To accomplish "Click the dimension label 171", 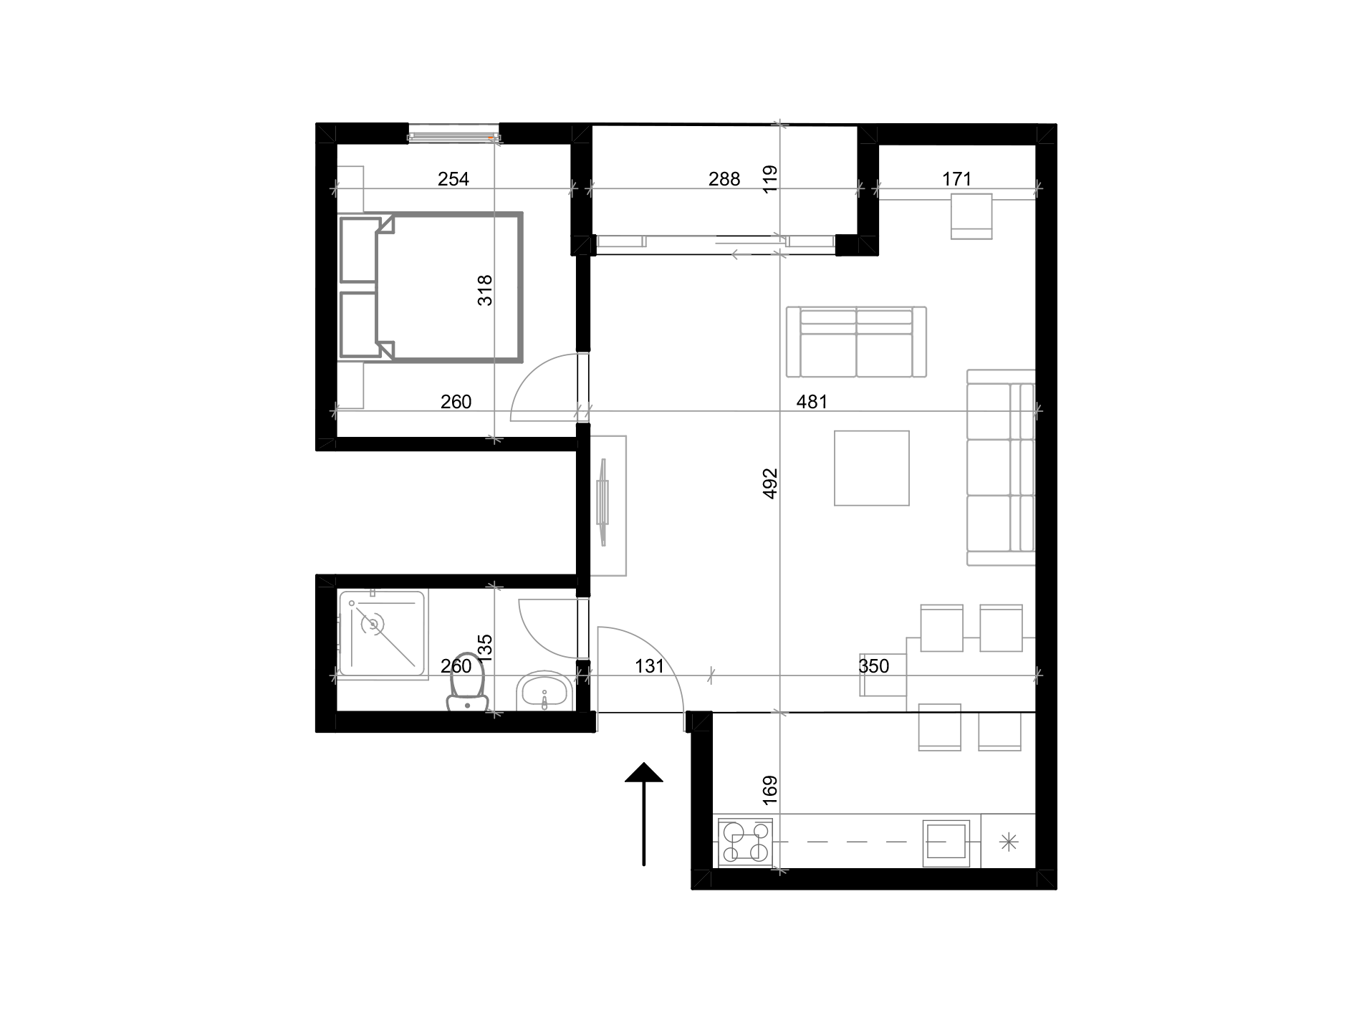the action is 956,179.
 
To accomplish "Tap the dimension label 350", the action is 874,667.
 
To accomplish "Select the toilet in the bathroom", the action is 466,684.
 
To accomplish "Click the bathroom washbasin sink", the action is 544,692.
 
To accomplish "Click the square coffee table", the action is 871,468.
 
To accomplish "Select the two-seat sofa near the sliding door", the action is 856,342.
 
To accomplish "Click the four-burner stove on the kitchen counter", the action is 745,842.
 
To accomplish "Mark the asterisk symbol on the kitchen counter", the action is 1008,842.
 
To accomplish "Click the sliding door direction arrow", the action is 741,254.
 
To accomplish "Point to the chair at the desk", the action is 971,216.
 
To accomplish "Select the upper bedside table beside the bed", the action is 350,189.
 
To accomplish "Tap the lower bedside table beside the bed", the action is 350,385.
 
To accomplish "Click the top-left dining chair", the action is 941,627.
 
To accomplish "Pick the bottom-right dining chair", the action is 999,731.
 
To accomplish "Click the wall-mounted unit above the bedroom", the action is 453,134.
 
